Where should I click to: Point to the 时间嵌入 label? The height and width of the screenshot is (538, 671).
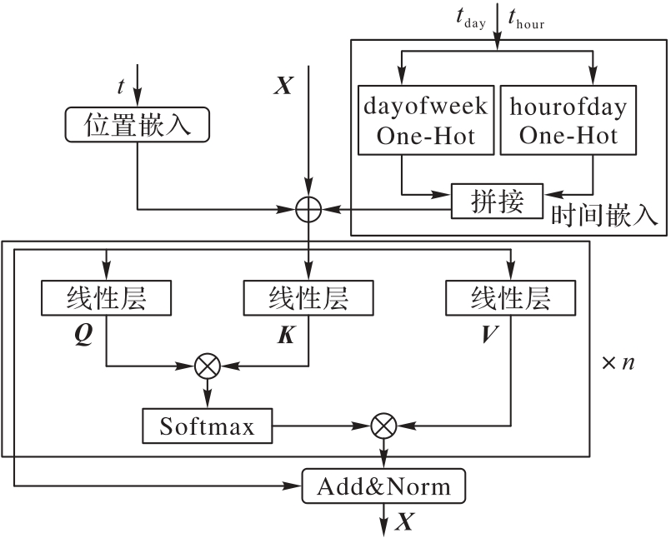tap(605, 215)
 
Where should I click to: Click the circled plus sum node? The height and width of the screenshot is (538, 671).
tap(309, 209)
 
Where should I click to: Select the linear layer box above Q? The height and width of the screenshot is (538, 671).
tap(106, 298)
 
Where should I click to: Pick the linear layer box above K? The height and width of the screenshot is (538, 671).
tap(308, 298)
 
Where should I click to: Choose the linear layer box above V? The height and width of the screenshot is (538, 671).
tap(511, 298)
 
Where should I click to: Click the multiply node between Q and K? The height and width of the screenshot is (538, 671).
tap(206, 365)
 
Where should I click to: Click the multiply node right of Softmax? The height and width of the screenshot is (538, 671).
tap(383, 426)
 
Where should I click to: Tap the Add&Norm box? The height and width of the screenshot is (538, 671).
tap(383, 486)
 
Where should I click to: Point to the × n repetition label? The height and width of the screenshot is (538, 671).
tap(616, 364)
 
